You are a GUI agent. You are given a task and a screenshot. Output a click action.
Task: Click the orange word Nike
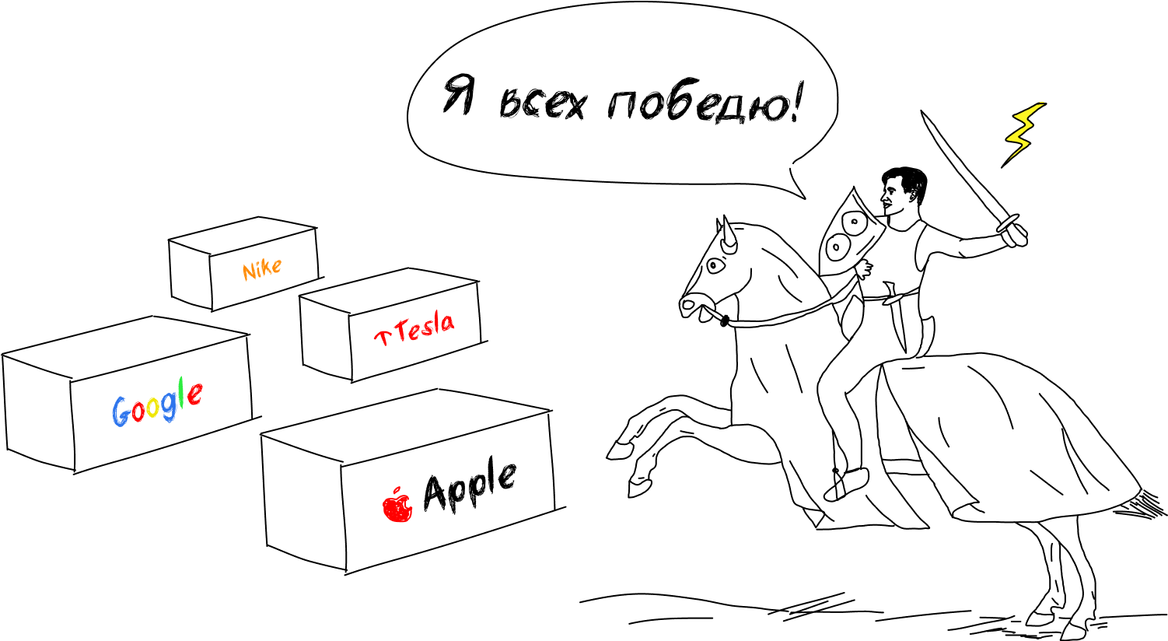[x=261, y=269]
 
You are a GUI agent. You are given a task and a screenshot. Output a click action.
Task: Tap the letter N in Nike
[x=249, y=272]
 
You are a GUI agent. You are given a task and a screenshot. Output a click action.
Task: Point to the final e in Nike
[x=276, y=266]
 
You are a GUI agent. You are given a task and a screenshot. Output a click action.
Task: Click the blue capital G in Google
[x=120, y=412]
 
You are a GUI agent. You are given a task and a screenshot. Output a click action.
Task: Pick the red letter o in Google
[x=138, y=411]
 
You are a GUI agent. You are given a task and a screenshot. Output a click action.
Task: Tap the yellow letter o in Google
[x=153, y=408]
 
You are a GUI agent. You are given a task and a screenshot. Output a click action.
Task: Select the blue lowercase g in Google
[x=169, y=408]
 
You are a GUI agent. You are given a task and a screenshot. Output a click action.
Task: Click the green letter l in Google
[x=181, y=394]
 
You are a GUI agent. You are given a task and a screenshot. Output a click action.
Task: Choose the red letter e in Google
[x=194, y=395]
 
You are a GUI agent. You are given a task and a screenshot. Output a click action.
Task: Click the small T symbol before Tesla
[x=382, y=337]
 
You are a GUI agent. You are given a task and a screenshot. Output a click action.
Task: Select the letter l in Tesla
[x=436, y=323]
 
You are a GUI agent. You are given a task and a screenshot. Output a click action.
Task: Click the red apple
[x=397, y=508]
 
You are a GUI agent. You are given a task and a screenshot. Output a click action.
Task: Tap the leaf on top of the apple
[x=397, y=490]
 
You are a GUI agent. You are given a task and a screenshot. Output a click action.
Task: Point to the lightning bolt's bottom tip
[x=1009, y=159]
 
